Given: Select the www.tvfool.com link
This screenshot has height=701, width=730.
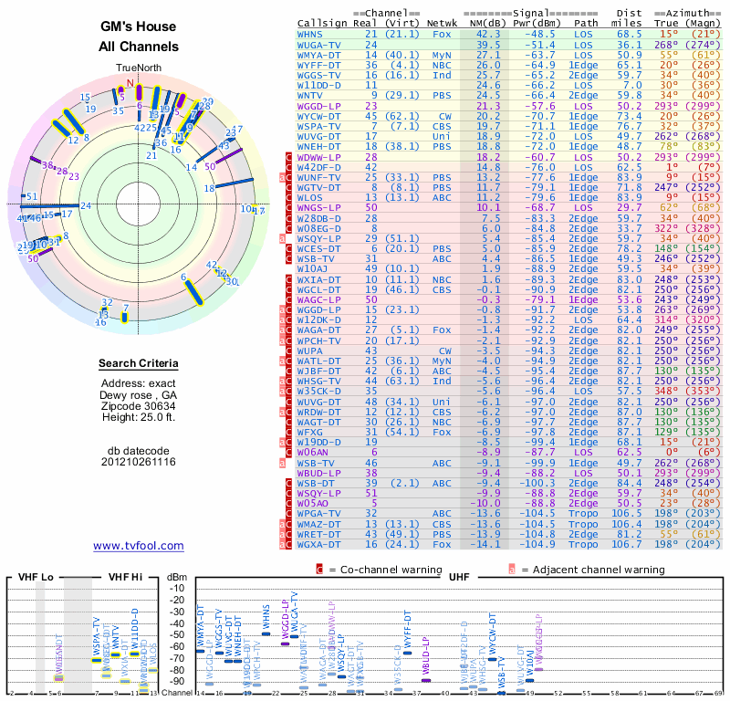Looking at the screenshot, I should click(x=138, y=546).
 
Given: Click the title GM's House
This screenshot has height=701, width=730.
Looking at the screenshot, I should click(x=139, y=28).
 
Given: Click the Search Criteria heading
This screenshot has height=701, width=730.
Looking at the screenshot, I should click(x=139, y=364).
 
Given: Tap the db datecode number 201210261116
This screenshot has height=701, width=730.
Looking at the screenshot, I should click(x=139, y=462).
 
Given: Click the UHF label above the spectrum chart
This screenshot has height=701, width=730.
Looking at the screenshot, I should click(x=458, y=579).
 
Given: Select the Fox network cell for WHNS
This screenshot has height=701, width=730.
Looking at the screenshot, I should click(x=442, y=34).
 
